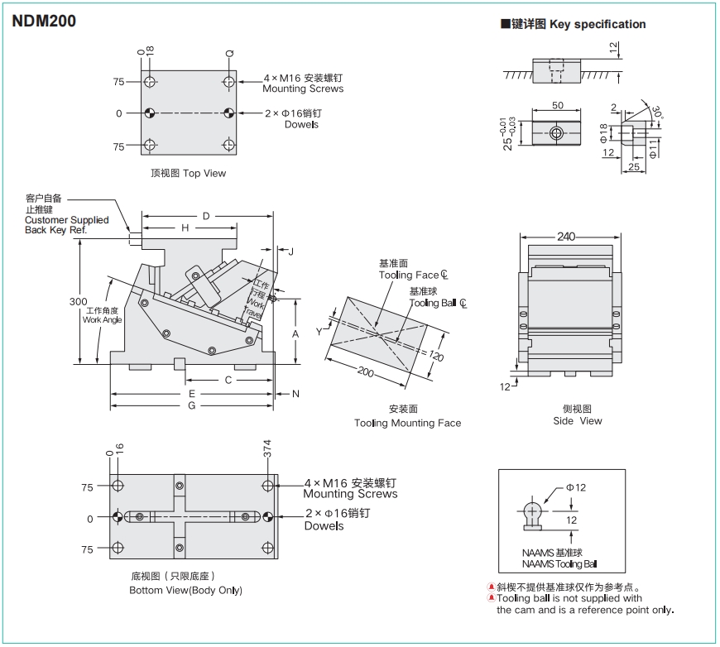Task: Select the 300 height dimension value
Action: click(x=79, y=302)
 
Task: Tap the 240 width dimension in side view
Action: click(x=566, y=237)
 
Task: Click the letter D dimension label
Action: click(x=206, y=217)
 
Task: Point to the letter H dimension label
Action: click(x=185, y=228)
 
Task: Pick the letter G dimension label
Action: click(x=191, y=405)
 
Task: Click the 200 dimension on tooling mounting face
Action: click(x=366, y=372)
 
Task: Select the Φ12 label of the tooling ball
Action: click(x=576, y=487)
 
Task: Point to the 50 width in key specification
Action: click(x=557, y=106)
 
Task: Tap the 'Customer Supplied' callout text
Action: click(x=66, y=220)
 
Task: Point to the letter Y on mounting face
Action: click(x=319, y=332)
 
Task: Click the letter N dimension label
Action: click(x=295, y=394)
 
